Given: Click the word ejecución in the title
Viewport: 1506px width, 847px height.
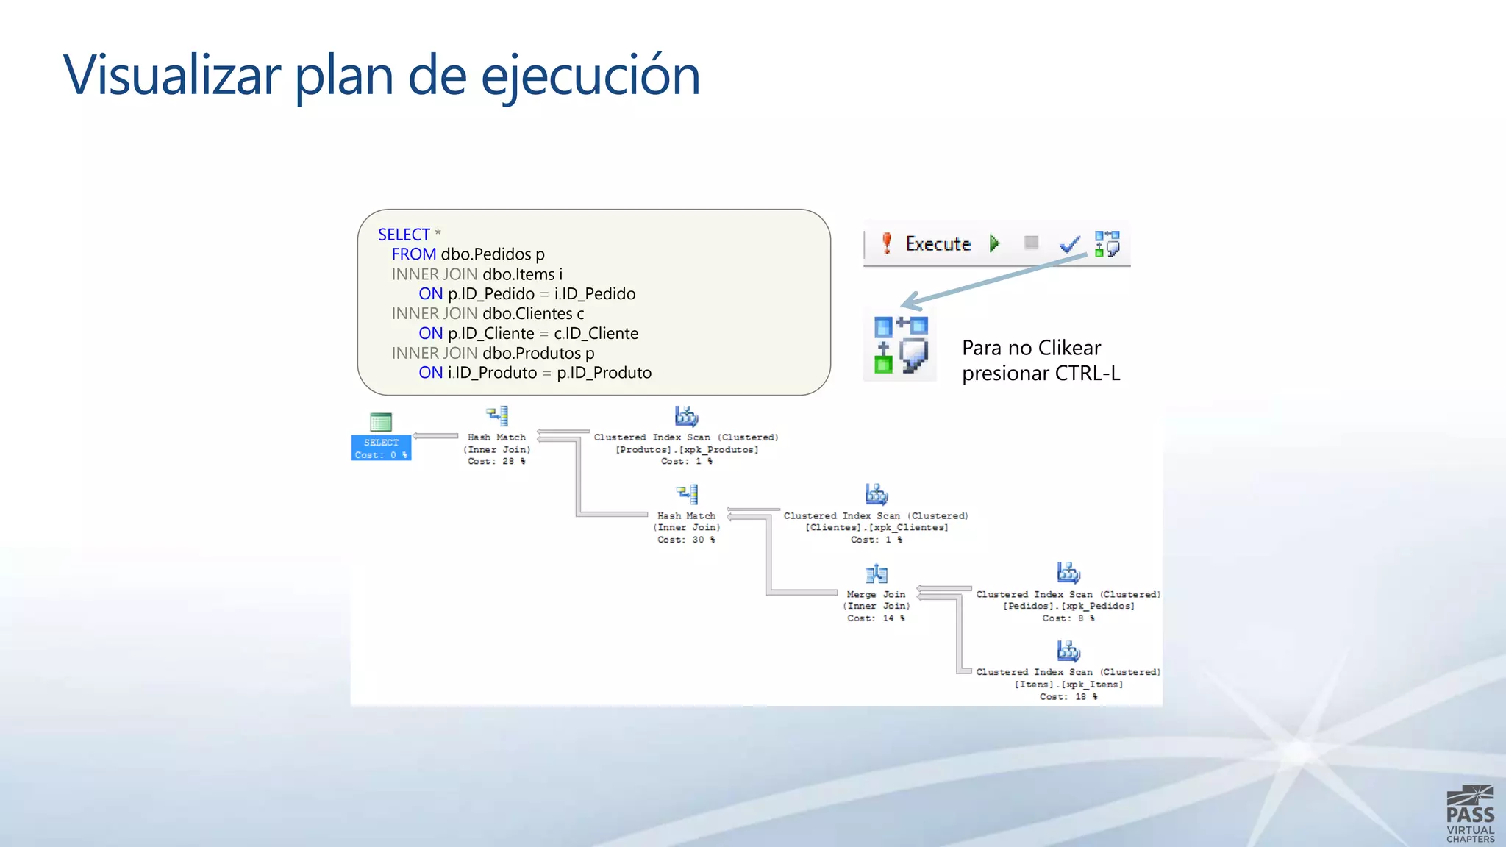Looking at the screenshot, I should pyautogui.click(x=590, y=75).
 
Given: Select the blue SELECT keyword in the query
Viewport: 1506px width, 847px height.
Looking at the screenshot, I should pyautogui.click(x=404, y=235).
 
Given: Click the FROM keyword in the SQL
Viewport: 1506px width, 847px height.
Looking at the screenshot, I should pyautogui.click(x=413, y=254).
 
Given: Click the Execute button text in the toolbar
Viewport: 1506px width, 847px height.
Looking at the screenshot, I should pyautogui.click(x=938, y=244).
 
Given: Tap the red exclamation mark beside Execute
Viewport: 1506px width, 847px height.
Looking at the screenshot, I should pyautogui.click(x=887, y=243).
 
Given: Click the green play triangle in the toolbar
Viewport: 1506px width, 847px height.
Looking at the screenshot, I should pyautogui.click(x=994, y=243).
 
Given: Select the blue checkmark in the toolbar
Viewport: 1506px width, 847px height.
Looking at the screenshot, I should pyautogui.click(x=1069, y=244).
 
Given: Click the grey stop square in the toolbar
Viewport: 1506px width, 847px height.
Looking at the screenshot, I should pyautogui.click(x=1031, y=243).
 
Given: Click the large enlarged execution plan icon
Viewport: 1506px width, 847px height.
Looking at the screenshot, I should pyautogui.click(x=901, y=345).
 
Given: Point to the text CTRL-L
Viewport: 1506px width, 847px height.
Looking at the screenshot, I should pyautogui.click(x=1087, y=374).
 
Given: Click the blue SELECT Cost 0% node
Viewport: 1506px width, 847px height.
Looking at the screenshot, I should pyautogui.click(x=381, y=447).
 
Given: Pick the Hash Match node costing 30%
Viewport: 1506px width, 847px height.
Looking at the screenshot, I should pyautogui.click(x=686, y=526).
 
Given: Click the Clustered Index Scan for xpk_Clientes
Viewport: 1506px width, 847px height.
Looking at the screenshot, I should pyautogui.click(x=876, y=526).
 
